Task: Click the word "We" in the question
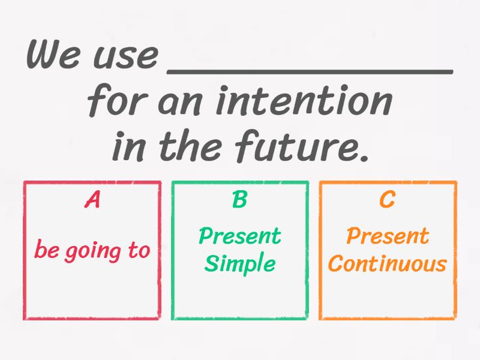pos(54,55)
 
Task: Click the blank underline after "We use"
pos(308,70)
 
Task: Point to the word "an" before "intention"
pos(180,103)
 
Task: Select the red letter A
pos(92,200)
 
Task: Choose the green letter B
pos(239,200)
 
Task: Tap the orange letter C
pos(388,200)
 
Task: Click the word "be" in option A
pos(46,250)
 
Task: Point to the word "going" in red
pos(92,251)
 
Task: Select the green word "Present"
pos(239,236)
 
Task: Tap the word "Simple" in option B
pos(239,264)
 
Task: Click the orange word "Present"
pos(388,236)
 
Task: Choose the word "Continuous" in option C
pos(388,263)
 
